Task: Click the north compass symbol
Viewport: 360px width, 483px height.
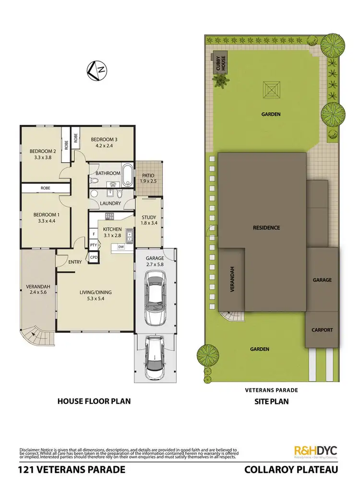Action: pos(96,71)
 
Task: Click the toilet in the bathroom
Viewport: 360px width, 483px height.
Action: pos(95,181)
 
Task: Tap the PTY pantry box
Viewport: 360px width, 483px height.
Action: pos(93,245)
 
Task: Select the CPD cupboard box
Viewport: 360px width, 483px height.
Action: pos(93,257)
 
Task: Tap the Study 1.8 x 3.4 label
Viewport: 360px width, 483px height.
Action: pos(148,220)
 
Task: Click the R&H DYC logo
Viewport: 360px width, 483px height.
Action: pos(315,450)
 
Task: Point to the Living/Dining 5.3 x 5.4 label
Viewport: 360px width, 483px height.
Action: pos(95,293)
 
